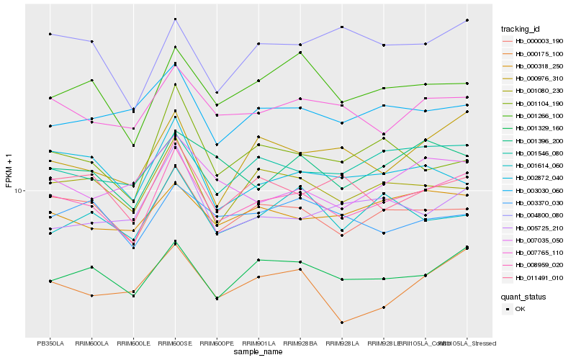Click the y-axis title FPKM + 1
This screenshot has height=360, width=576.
point(9,171)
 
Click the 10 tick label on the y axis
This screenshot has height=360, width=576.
point(20,191)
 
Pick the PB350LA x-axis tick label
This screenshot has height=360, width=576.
point(50,343)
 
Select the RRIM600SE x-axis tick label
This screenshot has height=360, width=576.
point(175,343)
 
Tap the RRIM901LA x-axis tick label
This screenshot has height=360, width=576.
point(258,343)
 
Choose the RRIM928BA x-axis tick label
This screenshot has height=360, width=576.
point(300,343)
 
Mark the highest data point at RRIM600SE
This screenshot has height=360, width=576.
point(175,19)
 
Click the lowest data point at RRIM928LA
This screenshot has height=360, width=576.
point(342,323)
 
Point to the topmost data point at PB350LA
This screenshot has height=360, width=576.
point(50,34)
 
